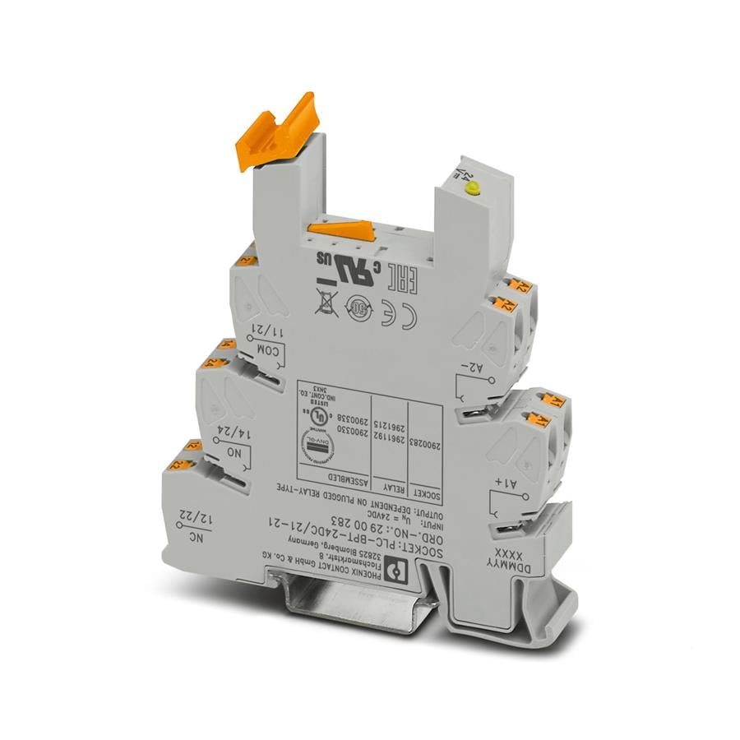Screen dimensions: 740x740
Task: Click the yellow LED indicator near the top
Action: (x=471, y=189)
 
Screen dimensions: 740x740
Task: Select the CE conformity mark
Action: (x=409, y=315)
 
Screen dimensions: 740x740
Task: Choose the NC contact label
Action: (x=187, y=539)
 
